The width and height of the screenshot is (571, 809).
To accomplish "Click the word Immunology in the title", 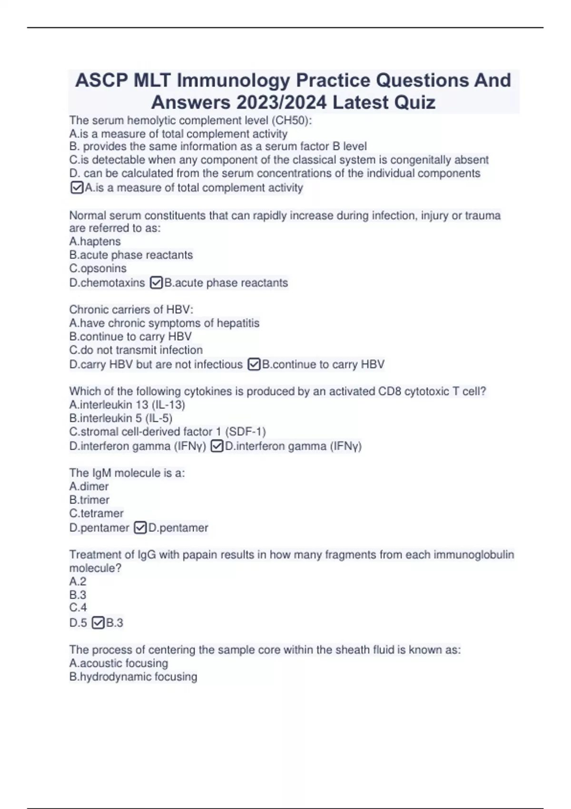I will click(x=233, y=80).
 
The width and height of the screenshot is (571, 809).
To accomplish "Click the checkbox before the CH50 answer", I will click(x=77, y=187).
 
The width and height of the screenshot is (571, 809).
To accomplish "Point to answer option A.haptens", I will click(x=95, y=242).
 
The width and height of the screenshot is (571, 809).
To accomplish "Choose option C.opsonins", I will click(x=98, y=268).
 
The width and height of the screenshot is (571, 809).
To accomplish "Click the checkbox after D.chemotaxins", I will click(x=156, y=283).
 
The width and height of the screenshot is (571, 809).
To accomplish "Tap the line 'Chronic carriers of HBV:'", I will click(x=131, y=310).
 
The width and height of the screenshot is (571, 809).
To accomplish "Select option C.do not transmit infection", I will click(x=136, y=350).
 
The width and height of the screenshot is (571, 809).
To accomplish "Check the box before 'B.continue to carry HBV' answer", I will click(x=254, y=365).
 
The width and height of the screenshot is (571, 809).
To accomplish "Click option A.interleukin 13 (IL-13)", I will click(x=127, y=405).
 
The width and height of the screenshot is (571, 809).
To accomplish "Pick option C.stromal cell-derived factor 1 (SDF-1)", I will click(x=167, y=432).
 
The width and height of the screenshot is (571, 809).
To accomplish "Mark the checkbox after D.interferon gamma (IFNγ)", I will click(x=217, y=446).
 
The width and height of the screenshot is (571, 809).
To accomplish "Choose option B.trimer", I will click(x=89, y=500).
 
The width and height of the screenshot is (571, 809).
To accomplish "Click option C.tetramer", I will click(x=97, y=513).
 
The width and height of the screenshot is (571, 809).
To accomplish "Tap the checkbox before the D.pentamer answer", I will click(x=140, y=528).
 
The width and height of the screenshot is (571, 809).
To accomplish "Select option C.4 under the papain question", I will click(x=78, y=608).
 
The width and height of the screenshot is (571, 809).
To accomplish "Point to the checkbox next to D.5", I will click(x=98, y=623).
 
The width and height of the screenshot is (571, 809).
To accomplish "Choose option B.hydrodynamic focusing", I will click(x=133, y=677).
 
